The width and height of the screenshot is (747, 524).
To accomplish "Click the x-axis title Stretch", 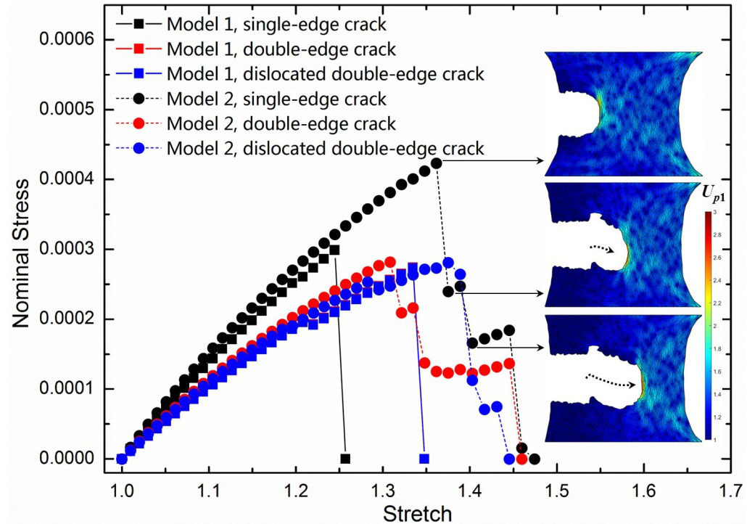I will tap(417, 513).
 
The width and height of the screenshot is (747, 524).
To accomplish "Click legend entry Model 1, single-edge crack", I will tap(276, 23).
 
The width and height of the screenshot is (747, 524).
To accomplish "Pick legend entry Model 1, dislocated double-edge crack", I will tap(325, 73).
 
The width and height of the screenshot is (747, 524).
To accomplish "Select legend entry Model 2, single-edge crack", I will tap(276, 98).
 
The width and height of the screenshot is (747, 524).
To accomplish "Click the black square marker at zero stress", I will tap(345, 459).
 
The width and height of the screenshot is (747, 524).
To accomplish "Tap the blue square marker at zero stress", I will tap(424, 459).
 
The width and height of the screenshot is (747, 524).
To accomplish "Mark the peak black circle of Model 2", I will tap(437, 163).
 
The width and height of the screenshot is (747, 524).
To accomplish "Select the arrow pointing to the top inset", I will tap(492, 160).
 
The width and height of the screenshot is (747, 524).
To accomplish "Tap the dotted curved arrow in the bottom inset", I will tap(606, 377).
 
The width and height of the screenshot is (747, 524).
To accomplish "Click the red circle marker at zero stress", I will tap(521, 459).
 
